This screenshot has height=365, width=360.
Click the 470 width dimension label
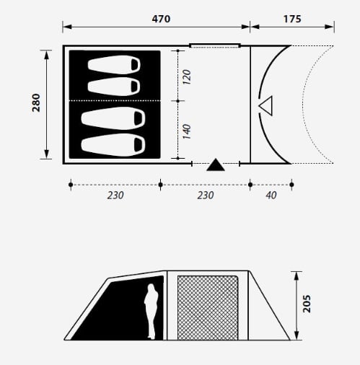161,19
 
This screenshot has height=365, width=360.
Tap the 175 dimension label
292,19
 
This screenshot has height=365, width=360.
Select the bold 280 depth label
36,102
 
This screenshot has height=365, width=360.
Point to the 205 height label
307,304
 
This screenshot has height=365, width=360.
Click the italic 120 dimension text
187,77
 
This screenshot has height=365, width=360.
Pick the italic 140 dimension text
187,131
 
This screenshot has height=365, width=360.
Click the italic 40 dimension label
271,195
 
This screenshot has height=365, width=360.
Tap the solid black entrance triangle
216,165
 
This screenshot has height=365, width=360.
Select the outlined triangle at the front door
266,106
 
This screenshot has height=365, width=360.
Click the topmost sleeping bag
114,65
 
